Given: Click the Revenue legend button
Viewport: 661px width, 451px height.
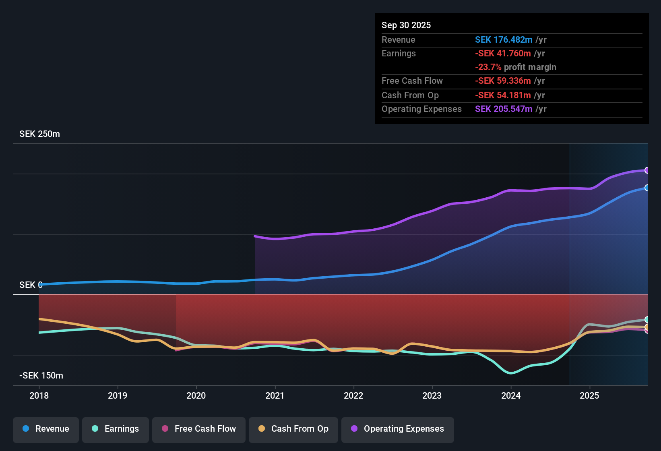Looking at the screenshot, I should (x=46, y=429).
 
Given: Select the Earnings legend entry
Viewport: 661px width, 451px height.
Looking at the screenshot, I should (x=116, y=429).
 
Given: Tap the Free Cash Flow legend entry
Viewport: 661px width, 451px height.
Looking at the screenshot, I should (x=199, y=429).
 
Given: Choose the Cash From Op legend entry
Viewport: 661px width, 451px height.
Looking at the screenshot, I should (x=293, y=429).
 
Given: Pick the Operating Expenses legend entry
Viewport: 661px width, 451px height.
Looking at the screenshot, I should (x=398, y=429).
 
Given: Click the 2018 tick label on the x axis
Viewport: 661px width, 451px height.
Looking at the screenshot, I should (x=39, y=396).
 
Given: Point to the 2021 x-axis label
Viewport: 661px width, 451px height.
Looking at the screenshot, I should (x=275, y=396).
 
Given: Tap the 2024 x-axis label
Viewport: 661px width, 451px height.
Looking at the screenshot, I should (x=511, y=396).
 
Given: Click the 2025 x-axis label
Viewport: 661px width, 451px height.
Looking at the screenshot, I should (x=589, y=396).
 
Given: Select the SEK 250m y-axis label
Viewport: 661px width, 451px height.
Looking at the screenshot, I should (x=39, y=134).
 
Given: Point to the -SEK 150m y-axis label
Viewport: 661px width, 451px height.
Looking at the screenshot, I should (x=41, y=376).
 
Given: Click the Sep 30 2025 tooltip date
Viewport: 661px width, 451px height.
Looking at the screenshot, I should (x=406, y=25).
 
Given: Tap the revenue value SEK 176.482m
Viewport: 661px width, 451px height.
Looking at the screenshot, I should (x=504, y=40).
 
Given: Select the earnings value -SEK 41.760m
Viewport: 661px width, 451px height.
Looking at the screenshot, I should (x=503, y=54).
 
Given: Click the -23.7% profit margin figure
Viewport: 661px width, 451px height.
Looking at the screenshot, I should (x=488, y=67).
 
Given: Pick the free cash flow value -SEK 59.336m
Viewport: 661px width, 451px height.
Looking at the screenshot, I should (x=503, y=81).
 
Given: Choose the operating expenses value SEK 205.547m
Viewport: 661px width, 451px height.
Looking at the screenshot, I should (x=504, y=109).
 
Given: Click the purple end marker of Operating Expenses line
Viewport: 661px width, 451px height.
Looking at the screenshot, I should (x=647, y=170).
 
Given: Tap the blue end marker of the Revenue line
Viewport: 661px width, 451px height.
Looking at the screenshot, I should (x=647, y=188).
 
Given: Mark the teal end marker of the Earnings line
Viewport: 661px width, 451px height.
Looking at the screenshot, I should (x=647, y=320).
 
